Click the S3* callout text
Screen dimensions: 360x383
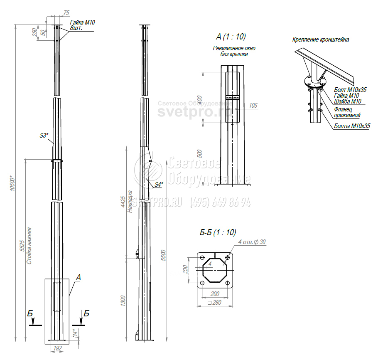tap(44, 136)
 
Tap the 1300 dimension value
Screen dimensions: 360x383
tap(123, 300)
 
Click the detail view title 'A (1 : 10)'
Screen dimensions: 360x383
tap(231, 37)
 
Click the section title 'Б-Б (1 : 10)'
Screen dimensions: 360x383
tap(218, 233)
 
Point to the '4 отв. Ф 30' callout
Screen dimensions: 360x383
tap(252, 242)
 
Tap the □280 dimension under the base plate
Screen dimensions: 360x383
tap(215, 303)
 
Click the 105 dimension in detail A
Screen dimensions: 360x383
tap(254, 106)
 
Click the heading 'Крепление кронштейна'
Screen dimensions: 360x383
tap(320, 40)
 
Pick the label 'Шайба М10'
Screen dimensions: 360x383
tap(348, 101)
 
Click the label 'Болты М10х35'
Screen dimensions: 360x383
tap(352, 126)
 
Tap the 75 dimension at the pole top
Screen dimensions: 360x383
tap(67, 13)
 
